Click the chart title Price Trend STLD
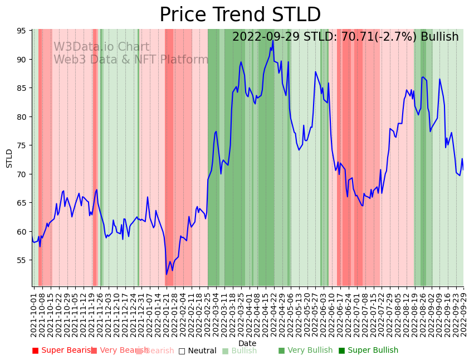(240, 14)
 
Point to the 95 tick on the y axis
(23, 31)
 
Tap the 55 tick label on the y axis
(23, 260)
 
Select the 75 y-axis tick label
(23, 145)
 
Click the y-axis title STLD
(9, 158)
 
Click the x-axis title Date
(247, 343)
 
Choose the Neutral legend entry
(198, 351)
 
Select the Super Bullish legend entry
(369, 351)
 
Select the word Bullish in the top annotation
(439, 37)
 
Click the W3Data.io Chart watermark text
(101, 47)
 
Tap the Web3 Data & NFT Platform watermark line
(131, 60)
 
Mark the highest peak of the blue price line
(273, 41)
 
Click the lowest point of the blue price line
(166, 274)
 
